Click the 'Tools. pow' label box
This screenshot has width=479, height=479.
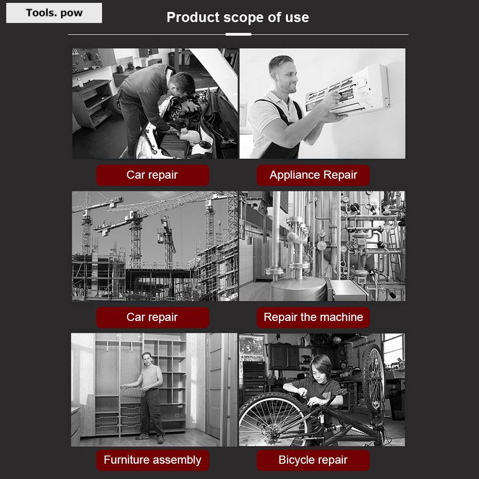(x=54, y=13)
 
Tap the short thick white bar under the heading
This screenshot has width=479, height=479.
(x=238, y=34)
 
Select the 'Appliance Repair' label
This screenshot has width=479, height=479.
(x=313, y=175)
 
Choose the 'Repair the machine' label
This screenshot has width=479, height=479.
(x=313, y=318)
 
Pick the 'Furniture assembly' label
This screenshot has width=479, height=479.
(x=153, y=460)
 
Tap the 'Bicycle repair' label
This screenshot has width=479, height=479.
(x=313, y=460)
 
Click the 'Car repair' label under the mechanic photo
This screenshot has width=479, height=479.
(x=153, y=175)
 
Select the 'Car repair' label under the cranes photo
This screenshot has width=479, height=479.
(x=153, y=318)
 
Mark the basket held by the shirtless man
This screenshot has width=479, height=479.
(x=133, y=392)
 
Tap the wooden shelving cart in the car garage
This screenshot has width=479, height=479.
(x=92, y=104)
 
